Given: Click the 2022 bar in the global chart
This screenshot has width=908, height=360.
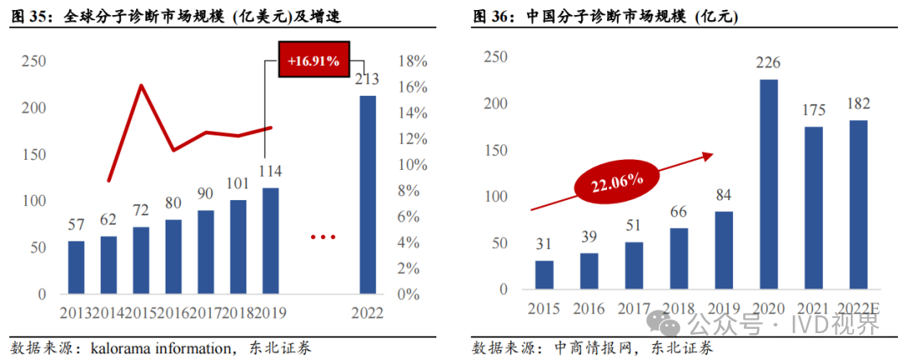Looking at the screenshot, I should [367, 195].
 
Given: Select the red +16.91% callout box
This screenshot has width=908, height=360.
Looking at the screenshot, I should [313, 61].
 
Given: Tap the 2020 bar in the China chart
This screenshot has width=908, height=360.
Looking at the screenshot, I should [768, 184].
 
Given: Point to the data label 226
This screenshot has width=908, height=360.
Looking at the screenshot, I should [768, 64].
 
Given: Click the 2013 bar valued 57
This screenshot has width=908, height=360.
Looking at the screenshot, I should [76, 267].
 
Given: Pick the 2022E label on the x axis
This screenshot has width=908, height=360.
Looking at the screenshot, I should [858, 309].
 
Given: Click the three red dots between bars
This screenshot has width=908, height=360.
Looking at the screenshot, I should [323, 237].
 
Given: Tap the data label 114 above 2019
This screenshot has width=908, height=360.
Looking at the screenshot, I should [270, 172].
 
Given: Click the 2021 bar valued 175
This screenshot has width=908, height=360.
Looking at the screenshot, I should [814, 208].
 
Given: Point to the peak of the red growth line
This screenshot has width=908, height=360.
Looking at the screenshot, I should [140, 85].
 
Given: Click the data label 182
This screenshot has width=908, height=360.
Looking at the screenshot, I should [858, 105].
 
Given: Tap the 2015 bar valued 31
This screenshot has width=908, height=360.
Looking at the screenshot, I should [544, 275].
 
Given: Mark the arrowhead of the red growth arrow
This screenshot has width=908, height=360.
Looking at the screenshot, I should [709, 154].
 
